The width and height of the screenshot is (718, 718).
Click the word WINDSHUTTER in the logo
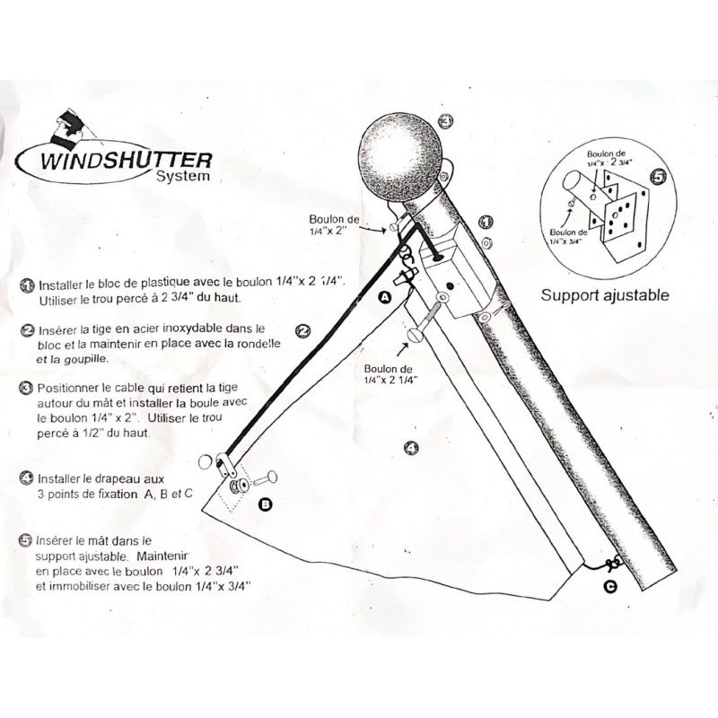coord(126,160)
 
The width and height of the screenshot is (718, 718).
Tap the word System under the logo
coord(183,176)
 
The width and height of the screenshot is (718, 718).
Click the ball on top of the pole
coord(399,156)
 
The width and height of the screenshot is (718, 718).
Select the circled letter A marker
coord(385,297)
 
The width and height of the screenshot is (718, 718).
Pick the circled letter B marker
coord(265,504)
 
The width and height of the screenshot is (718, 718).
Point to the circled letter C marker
coord(610,587)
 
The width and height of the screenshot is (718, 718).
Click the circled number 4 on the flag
coord(412,447)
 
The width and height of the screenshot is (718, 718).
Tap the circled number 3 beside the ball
coord(445,121)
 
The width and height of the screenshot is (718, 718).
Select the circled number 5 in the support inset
coord(658,177)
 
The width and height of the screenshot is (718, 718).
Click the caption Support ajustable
coord(604,295)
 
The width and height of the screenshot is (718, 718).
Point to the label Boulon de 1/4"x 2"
coord(334,225)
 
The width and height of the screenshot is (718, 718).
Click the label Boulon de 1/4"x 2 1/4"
coord(390,374)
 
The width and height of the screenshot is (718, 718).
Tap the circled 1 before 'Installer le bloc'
coord(28,285)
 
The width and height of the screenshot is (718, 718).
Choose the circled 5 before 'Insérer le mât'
coord(26,540)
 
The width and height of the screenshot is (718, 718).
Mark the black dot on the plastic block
coord(451,286)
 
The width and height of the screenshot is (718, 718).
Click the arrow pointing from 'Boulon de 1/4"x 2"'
coord(373,229)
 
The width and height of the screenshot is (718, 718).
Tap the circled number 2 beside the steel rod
coord(302,331)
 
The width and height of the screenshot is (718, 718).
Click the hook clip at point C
coord(613,564)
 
